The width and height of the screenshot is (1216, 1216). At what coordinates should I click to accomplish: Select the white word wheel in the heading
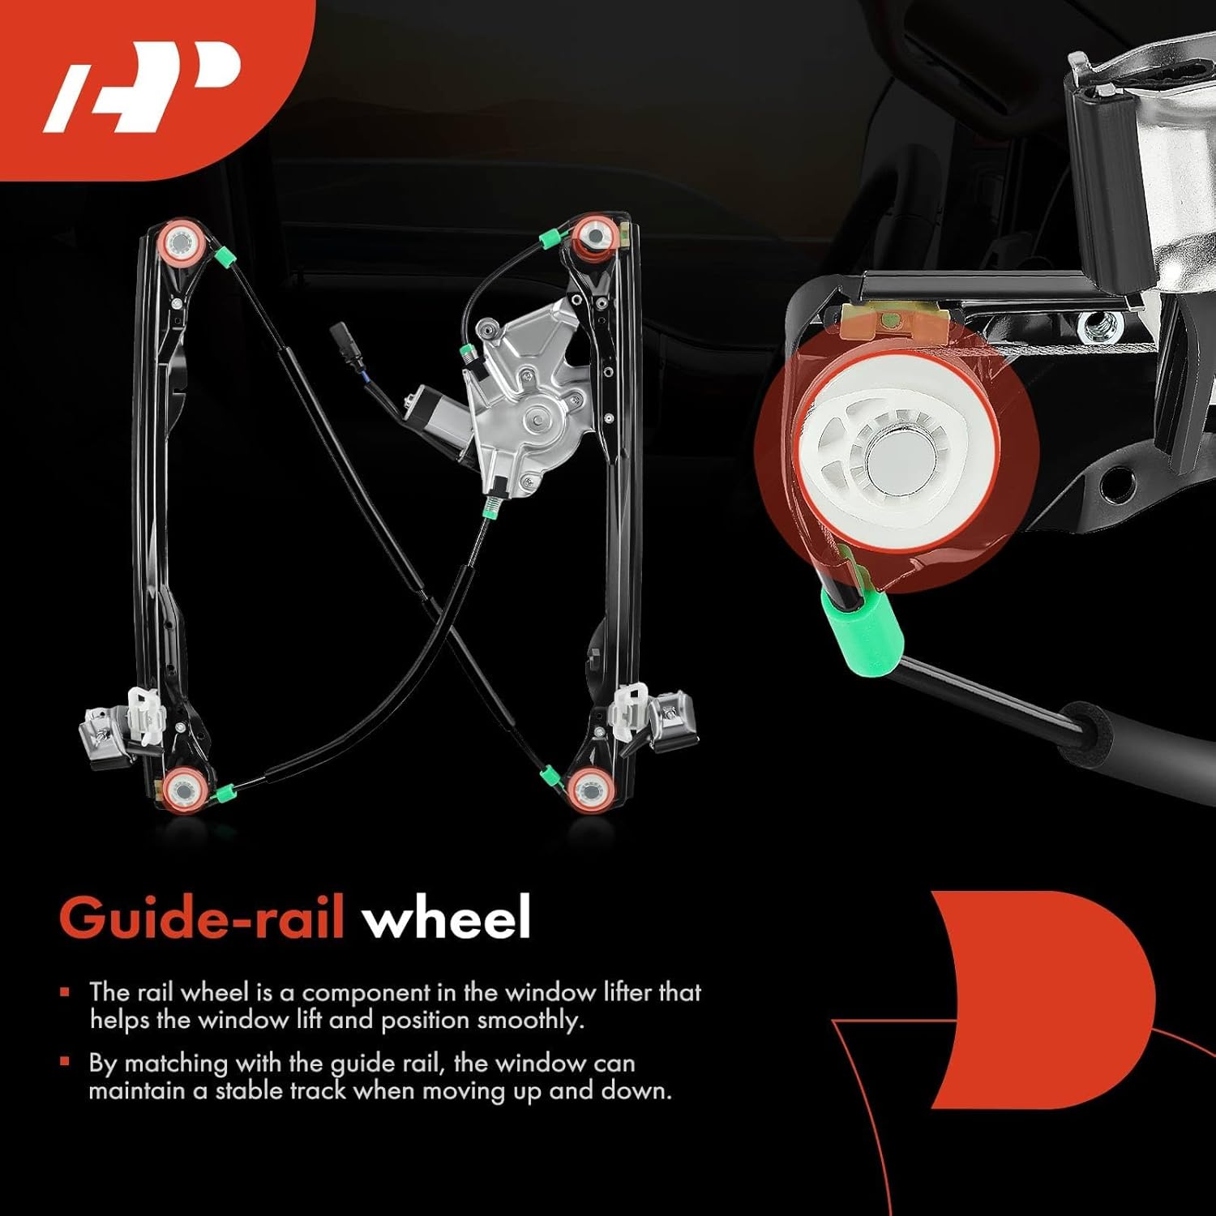click(447, 918)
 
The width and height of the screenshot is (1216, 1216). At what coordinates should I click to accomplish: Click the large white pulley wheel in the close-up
click(896, 459)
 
